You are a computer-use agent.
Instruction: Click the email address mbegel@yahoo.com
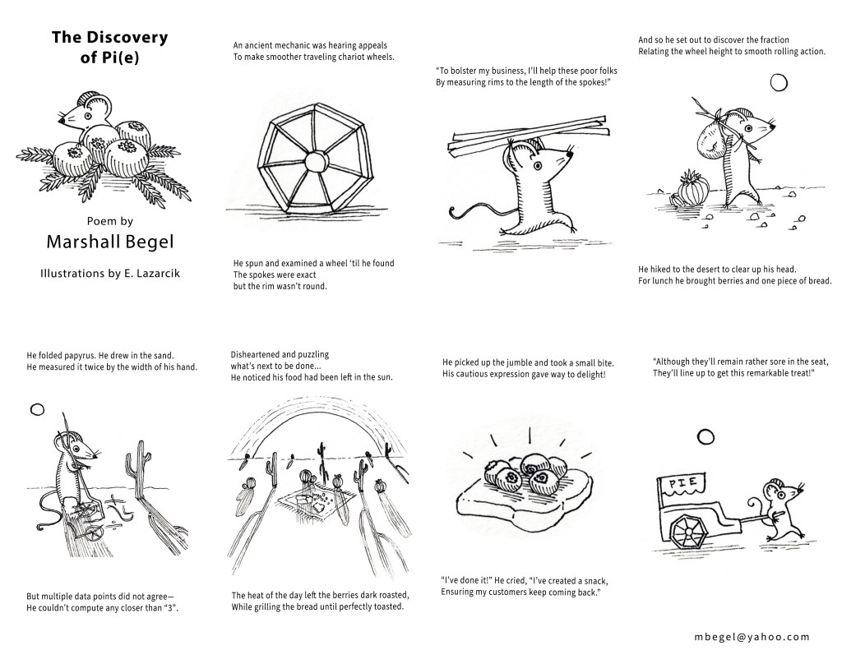coord(752,637)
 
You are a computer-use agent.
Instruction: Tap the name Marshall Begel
coord(110,242)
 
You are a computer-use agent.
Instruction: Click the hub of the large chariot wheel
coord(315,160)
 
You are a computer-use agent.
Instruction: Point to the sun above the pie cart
coord(706,437)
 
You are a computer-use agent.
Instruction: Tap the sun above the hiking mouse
coord(779,83)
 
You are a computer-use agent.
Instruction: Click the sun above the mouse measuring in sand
coord(37,410)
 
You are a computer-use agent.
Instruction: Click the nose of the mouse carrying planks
coord(571,154)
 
